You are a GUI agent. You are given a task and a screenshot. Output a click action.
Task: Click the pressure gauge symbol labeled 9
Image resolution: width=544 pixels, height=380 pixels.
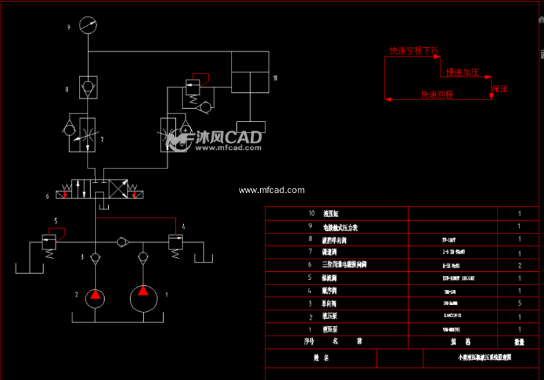coord(88,26)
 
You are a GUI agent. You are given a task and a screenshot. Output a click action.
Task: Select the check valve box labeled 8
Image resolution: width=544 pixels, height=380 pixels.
coord(88,87)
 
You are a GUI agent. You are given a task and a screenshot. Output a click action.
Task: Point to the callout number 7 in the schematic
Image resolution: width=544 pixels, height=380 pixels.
coord(102,140)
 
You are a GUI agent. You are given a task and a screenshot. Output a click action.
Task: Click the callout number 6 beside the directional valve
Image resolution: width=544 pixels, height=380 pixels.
coord(47,196)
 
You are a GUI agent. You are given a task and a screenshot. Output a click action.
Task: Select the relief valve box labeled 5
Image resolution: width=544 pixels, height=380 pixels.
coord(48,240)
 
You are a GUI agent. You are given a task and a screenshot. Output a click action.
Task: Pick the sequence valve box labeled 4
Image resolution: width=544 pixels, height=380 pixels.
coord(176,240)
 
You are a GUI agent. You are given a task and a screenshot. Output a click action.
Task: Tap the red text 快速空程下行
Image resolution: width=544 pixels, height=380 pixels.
coord(413,50)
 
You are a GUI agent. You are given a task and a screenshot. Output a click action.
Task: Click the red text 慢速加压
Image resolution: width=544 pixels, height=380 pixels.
coord(462,72)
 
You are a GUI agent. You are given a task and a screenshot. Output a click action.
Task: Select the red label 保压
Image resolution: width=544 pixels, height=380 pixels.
coord(500,88)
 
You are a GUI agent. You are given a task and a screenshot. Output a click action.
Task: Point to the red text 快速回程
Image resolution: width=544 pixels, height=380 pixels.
coord(437,95)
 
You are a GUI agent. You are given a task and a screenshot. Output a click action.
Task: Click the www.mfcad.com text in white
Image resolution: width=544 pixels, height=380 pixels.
coord(272,190)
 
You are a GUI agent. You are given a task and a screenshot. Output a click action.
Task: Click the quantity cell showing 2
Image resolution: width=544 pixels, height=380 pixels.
coord(519,265)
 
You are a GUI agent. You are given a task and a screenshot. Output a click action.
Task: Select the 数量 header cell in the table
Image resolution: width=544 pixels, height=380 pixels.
coord(519,342)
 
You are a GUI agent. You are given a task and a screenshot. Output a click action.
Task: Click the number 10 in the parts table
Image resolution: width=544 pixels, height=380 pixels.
coord(312,214)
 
